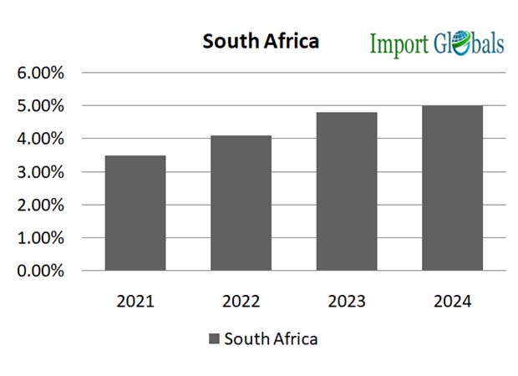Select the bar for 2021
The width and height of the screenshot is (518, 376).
pos(135,213)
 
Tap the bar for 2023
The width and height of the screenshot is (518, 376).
pos(346,191)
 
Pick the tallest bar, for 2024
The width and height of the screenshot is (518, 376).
pos(452,188)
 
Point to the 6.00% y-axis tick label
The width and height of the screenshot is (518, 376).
pos(41,73)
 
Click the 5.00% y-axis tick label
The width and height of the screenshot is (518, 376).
pos(41,106)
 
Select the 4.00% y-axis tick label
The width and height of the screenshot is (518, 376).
pos(41,139)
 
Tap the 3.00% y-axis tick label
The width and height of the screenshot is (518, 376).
pos(41,172)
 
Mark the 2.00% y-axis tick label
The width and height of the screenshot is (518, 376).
pos(41,205)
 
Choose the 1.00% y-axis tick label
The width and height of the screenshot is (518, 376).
pos(41,238)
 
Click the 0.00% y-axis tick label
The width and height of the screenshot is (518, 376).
pos(41,271)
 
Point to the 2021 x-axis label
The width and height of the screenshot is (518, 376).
pos(135,301)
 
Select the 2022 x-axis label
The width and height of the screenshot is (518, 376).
pos(241,301)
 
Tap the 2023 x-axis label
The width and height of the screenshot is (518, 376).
pos(346,301)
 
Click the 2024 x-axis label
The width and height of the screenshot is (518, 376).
pos(452,301)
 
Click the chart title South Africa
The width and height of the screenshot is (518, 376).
pos(261,41)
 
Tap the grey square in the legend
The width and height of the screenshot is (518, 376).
pos(214,339)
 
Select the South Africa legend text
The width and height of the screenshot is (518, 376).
pos(271,339)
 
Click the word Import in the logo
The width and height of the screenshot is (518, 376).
pos(398,43)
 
